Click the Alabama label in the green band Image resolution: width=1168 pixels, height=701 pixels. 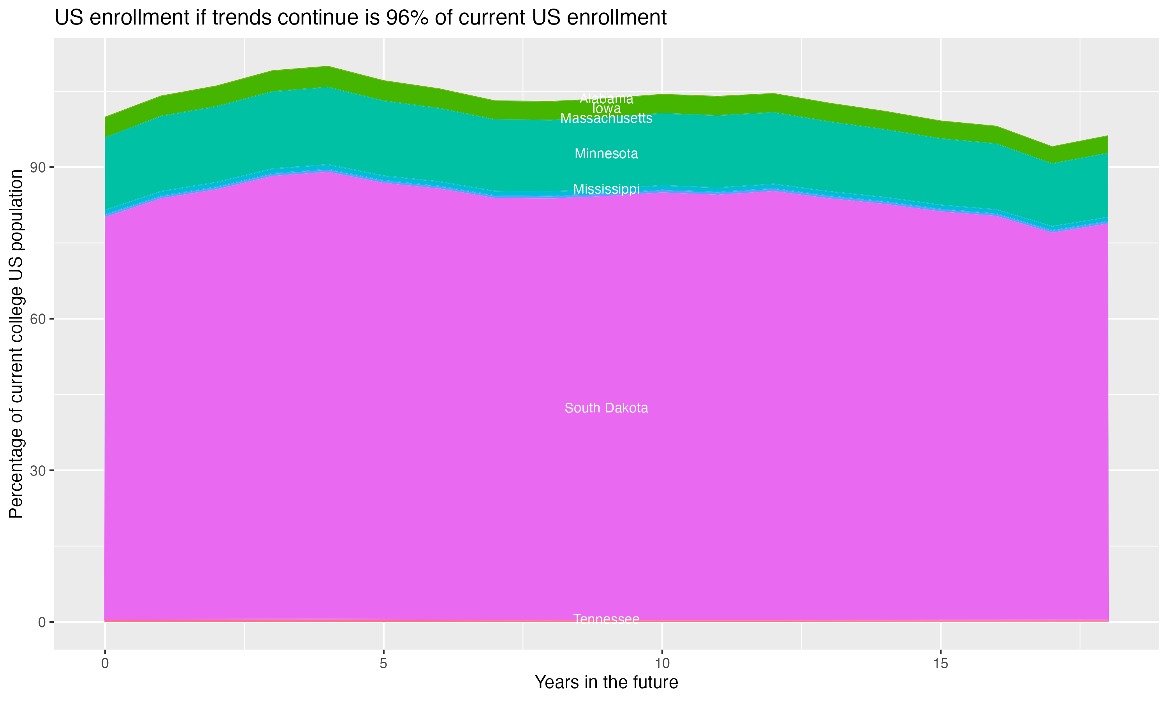coord(606,99)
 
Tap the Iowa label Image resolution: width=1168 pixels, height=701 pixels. coord(606,109)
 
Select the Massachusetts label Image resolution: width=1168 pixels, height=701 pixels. coord(606,118)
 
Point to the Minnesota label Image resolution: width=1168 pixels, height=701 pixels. coord(606,153)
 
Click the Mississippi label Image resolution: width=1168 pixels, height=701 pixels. coord(606,189)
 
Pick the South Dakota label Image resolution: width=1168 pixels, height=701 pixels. coord(606,408)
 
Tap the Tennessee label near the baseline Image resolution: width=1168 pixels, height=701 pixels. coord(606,619)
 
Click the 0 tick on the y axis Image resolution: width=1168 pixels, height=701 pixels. coord(42,622)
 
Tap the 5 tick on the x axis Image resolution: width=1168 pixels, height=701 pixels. coord(383,664)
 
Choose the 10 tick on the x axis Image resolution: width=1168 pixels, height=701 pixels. coord(662,664)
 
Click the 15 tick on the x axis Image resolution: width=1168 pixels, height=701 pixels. coord(941,664)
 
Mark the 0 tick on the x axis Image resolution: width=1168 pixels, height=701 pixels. coord(105,664)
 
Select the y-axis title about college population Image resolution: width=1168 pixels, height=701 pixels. coord(16,343)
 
